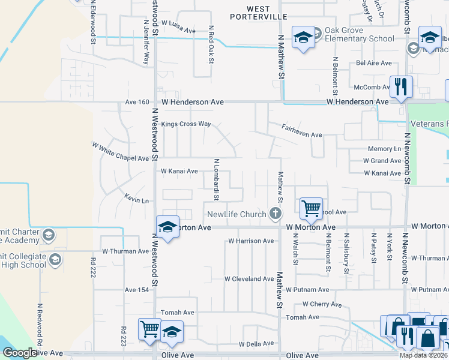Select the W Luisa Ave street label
pyautogui.click(x=178, y=30)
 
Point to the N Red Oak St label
pyautogui.click(x=211, y=44)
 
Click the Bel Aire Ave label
pyautogui.click(x=373, y=63)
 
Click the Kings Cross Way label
pyautogui.click(x=186, y=124)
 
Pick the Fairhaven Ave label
pyautogui.click(x=303, y=130)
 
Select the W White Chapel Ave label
pyautogui.click(x=120, y=152)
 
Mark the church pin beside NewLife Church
pyautogui.click(x=276, y=214)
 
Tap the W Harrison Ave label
pyautogui.click(x=251, y=241)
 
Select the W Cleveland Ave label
pyautogui.click(x=249, y=279)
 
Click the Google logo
pyautogui.click(x=20, y=353)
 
